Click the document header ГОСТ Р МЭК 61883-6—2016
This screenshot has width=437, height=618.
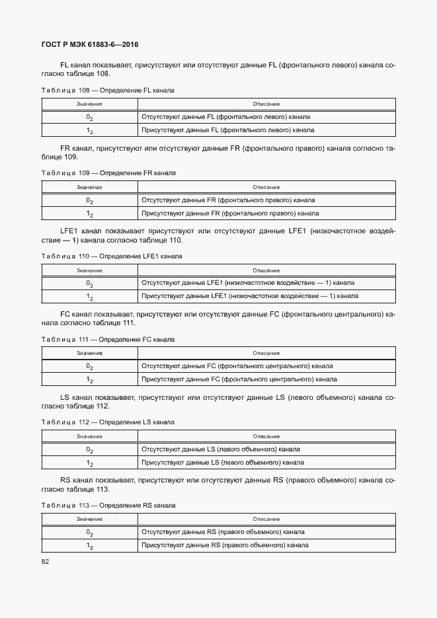(x=89, y=45)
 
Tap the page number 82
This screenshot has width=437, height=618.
(x=46, y=562)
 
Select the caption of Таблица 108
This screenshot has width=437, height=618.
(x=108, y=90)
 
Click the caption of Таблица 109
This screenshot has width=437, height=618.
(x=108, y=173)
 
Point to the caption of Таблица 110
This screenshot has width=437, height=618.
(x=112, y=256)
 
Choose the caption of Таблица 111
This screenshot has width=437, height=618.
(x=108, y=339)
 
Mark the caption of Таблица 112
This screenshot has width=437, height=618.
(x=108, y=422)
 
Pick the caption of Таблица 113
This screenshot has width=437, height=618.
(x=108, y=505)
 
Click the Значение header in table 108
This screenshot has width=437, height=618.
(x=89, y=104)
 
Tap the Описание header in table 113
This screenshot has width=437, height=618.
(x=266, y=519)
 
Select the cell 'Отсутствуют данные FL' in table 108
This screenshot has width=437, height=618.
(x=225, y=117)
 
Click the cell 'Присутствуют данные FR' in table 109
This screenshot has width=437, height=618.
(x=229, y=213)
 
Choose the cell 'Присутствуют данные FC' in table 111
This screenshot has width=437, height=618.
(x=239, y=379)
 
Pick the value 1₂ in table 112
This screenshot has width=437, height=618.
(x=89, y=463)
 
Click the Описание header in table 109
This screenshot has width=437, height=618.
(x=266, y=187)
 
